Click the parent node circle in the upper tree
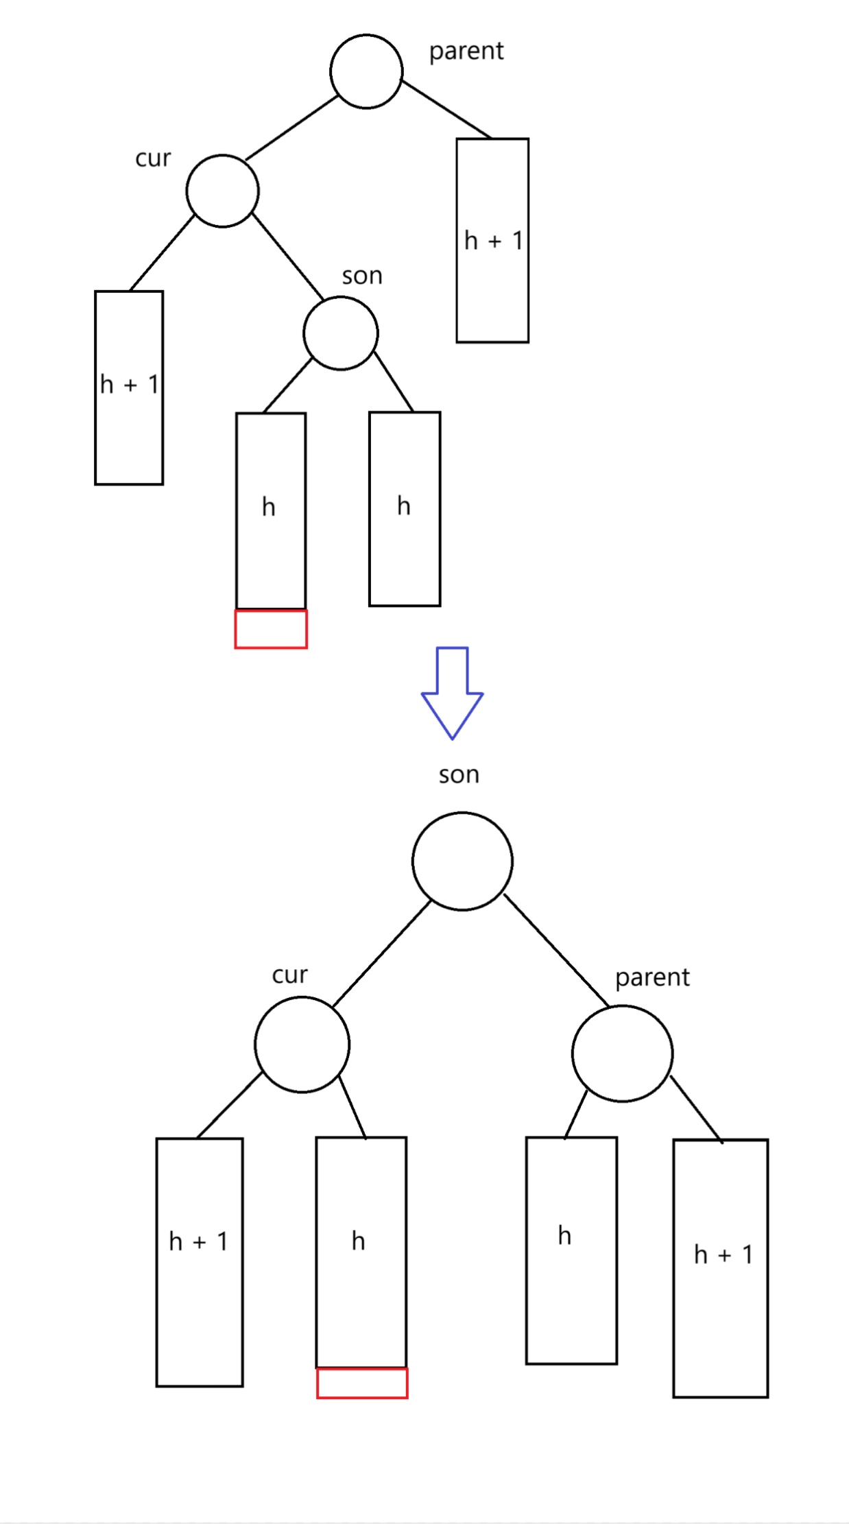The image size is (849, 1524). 366,71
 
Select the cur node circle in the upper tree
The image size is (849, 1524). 222,191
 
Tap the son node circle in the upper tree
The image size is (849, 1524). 341,333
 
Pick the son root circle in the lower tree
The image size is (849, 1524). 462,861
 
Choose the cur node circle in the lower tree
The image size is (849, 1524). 302,1044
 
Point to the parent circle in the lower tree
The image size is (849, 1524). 622,1053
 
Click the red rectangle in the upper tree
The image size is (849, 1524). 271,629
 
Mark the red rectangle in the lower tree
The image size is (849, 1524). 362,1383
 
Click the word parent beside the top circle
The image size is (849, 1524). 466,51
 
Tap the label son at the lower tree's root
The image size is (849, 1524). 459,775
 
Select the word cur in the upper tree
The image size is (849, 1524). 153,158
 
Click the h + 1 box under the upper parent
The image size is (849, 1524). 492,240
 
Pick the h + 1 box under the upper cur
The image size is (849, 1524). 129,388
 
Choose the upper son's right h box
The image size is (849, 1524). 405,508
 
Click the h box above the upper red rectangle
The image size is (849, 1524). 271,510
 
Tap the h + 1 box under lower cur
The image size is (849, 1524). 200,1262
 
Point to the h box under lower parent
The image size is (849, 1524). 571,1250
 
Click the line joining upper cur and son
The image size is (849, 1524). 287,256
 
